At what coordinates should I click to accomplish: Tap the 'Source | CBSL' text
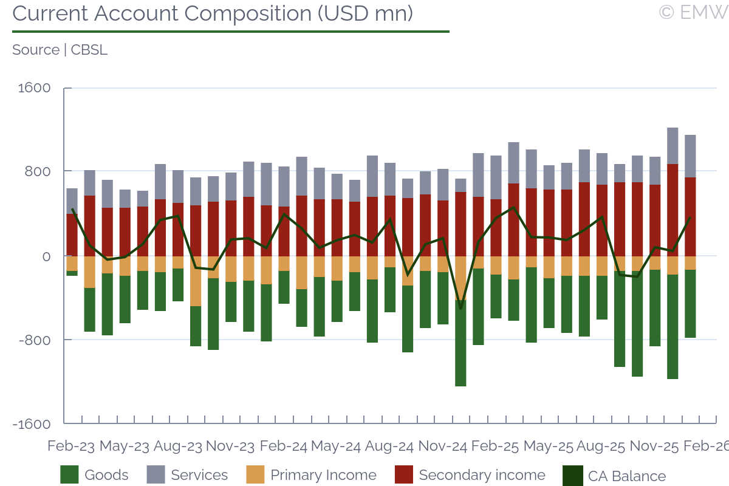coord(60,50)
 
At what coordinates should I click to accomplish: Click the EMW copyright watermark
coord(693,12)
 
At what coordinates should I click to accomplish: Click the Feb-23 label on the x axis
coord(71,446)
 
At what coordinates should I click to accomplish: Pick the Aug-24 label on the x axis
coord(389,446)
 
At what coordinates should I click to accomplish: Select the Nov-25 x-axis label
coord(654,446)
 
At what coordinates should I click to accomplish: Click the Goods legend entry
coord(95,475)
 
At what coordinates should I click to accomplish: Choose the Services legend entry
coord(187,475)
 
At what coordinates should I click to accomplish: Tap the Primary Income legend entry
coord(311,475)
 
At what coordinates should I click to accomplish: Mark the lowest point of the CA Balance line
coord(460,308)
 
